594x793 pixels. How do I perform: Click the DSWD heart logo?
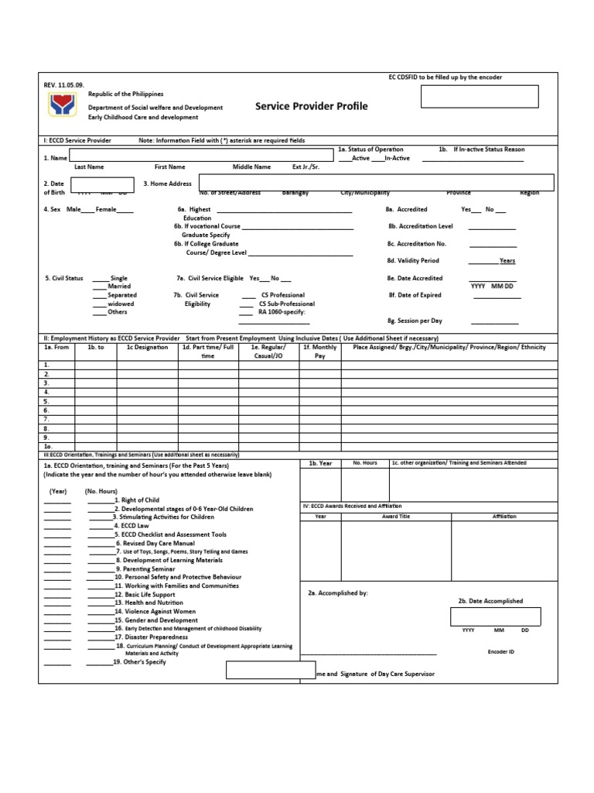tap(62, 104)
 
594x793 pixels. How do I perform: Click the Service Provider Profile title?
tap(312, 106)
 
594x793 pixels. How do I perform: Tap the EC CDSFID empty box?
tap(480, 97)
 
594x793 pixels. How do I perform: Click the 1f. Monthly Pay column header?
tap(319, 352)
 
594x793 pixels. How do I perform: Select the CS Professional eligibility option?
tap(283, 295)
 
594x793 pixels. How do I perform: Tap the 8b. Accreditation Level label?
tap(421, 226)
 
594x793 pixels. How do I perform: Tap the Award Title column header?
tap(395, 516)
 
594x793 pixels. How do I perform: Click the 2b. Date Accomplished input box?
tap(495, 616)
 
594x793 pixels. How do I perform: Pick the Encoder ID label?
tap(500, 652)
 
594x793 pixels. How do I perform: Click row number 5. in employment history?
tap(47, 402)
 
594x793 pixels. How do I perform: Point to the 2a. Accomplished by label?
tap(338, 593)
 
